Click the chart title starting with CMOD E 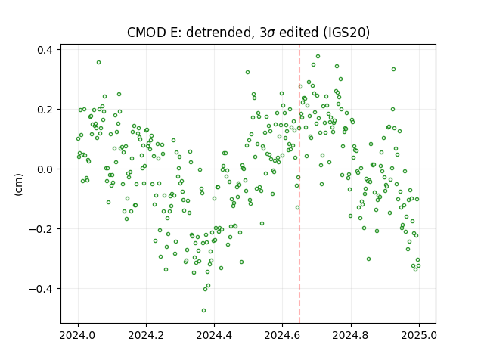pyautogui.click(x=248, y=32)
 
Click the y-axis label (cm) pyautogui.click(x=19, y=185)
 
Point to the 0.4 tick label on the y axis pyautogui.click(x=45, y=50)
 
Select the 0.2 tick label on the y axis pyautogui.click(x=45, y=110)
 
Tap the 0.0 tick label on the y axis pyautogui.click(x=45, y=169)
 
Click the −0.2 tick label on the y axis pyautogui.click(x=41, y=229)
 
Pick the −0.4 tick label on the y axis pyautogui.click(x=41, y=289)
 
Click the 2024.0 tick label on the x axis pyautogui.click(x=78, y=335)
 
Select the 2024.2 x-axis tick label pyautogui.click(x=146, y=335)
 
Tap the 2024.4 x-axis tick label pyautogui.click(x=214, y=335)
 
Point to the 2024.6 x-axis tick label pyautogui.click(x=282, y=335)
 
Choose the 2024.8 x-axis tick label pyautogui.click(x=351, y=335)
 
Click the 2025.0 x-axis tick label pyautogui.click(x=419, y=335)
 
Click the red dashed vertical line pyautogui.click(x=299, y=184)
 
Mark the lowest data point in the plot pyautogui.click(x=203, y=310)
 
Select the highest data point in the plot pyautogui.click(x=318, y=57)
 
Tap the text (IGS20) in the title pyautogui.click(x=346, y=33)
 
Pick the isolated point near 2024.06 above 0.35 pyautogui.click(x=99, y=62)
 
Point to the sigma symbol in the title pyautogui.click(x=271, y=33)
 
